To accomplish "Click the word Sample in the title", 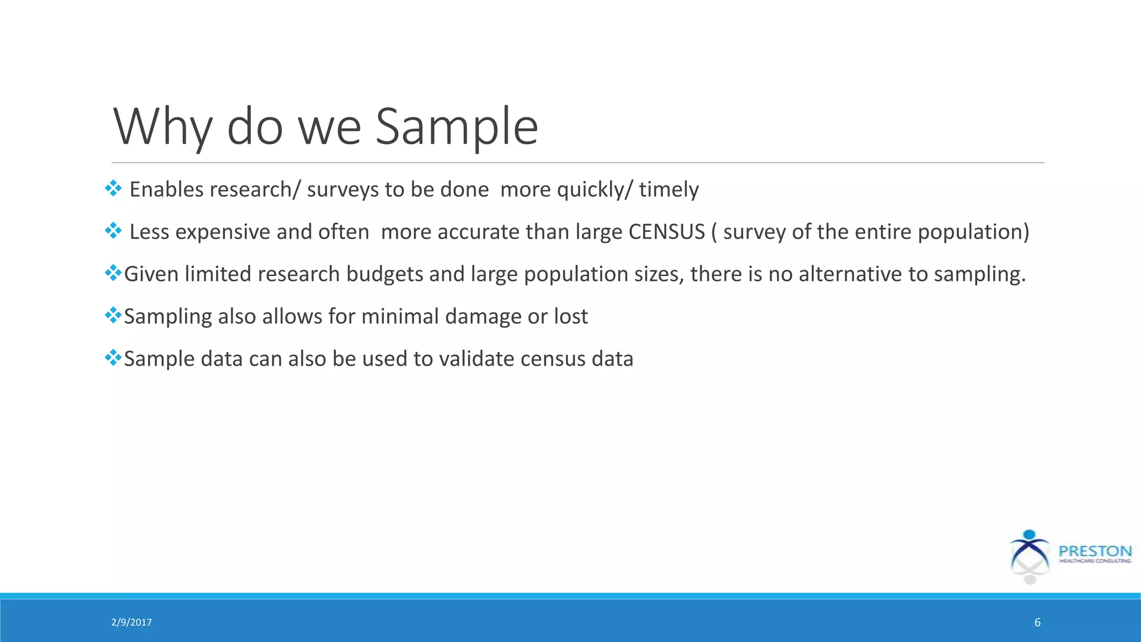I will tap(456, 127).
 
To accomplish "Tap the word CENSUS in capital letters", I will tap(666, 232).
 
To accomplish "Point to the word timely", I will tap(669, 189).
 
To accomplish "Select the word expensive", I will tap(223, 232).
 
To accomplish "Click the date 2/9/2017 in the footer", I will tap(131, 622).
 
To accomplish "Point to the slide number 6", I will tap(1037, 622).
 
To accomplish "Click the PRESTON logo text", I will tap(1095, 551).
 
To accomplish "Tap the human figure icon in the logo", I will tap(1030, 555).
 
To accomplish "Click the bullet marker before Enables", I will tap(113, 188).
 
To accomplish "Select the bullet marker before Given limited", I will tap(113, 273).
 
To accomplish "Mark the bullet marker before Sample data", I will tap(113, 358).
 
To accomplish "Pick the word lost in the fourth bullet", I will tap(570, 317).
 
